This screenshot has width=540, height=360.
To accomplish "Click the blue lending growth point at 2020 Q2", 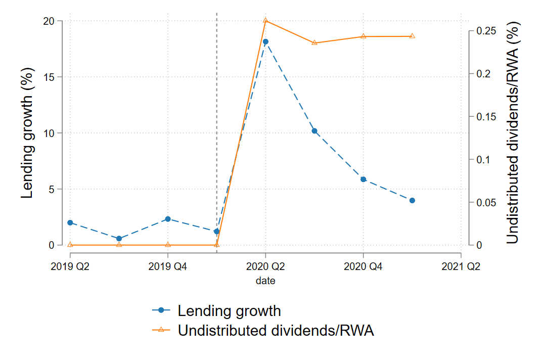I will tap(265, 41).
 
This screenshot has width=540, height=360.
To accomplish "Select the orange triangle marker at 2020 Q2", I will tap(265, 21).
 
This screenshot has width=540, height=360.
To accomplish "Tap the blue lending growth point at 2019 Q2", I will tap(70, 222).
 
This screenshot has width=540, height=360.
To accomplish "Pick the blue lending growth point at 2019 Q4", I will tap(168, 219).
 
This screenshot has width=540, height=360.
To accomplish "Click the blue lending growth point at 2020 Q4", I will tap(363, 179).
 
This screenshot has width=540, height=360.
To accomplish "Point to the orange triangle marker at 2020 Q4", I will tap(363, 36).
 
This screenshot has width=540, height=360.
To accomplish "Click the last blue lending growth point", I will tap(412, 200).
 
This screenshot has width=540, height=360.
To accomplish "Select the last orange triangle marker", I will tap(412, 36).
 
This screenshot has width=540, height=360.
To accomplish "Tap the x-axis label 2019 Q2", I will tap(70, 266).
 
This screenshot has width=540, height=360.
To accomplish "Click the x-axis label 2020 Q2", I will tap(265, 266).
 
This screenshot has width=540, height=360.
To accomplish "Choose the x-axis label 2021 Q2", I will tap(461, 266).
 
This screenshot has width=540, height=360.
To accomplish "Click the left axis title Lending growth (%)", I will tap(27, 133).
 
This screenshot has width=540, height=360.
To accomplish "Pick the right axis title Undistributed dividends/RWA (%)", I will tap(513, 132).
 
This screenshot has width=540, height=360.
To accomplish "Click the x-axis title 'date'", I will tap(265, 281).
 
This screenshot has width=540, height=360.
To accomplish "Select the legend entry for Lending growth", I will tap(229, 310).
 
